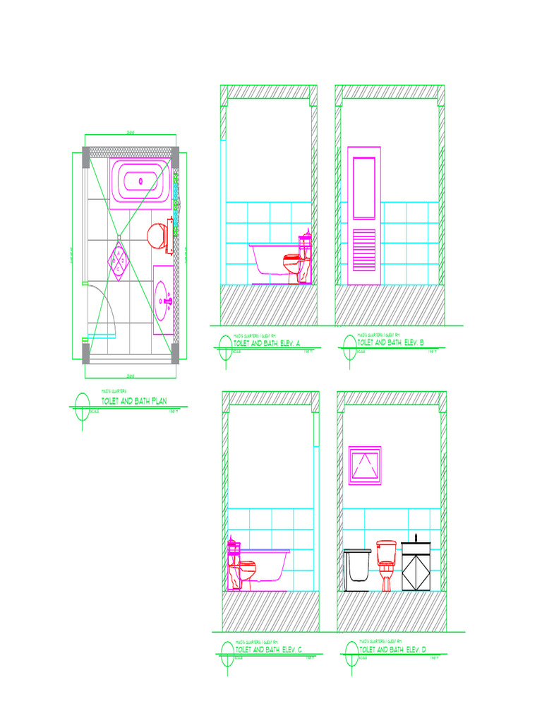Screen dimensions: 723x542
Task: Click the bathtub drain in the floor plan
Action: click(141, 181)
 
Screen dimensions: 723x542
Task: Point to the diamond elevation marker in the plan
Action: click(119, 261)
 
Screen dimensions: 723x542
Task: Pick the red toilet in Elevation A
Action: click(295, 265)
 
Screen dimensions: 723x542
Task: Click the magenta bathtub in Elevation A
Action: click(269, 260)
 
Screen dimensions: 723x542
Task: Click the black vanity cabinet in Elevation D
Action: click(416, 567)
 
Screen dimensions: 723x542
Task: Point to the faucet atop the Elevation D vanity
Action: click(416, 538)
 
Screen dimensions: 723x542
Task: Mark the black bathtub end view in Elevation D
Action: click(357, 570)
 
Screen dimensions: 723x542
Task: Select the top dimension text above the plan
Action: click(130, 133)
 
